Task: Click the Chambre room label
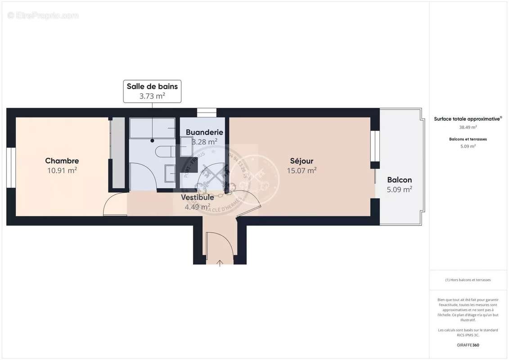coord(62,161)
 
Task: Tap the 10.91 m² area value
coord(62,171)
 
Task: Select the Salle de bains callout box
coord(152,91)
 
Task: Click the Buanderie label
coord(204,132)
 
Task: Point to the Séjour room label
coord(302,161)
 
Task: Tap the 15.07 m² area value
coord(302,171)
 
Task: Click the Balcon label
coord(399,180)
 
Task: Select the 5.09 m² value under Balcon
coord(399,190)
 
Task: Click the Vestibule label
coord(197,197)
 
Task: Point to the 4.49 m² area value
coord(197,207)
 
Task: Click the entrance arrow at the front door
coord(220,263)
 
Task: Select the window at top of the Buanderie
coord(207,112)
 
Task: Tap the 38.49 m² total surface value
coord(468,127)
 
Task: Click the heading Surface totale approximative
coord(467,119)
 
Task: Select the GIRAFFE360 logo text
coord(468,345)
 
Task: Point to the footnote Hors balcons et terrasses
coord(468,280)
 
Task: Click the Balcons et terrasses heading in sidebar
coord(468,139)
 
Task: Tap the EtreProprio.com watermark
coord(43,16)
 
